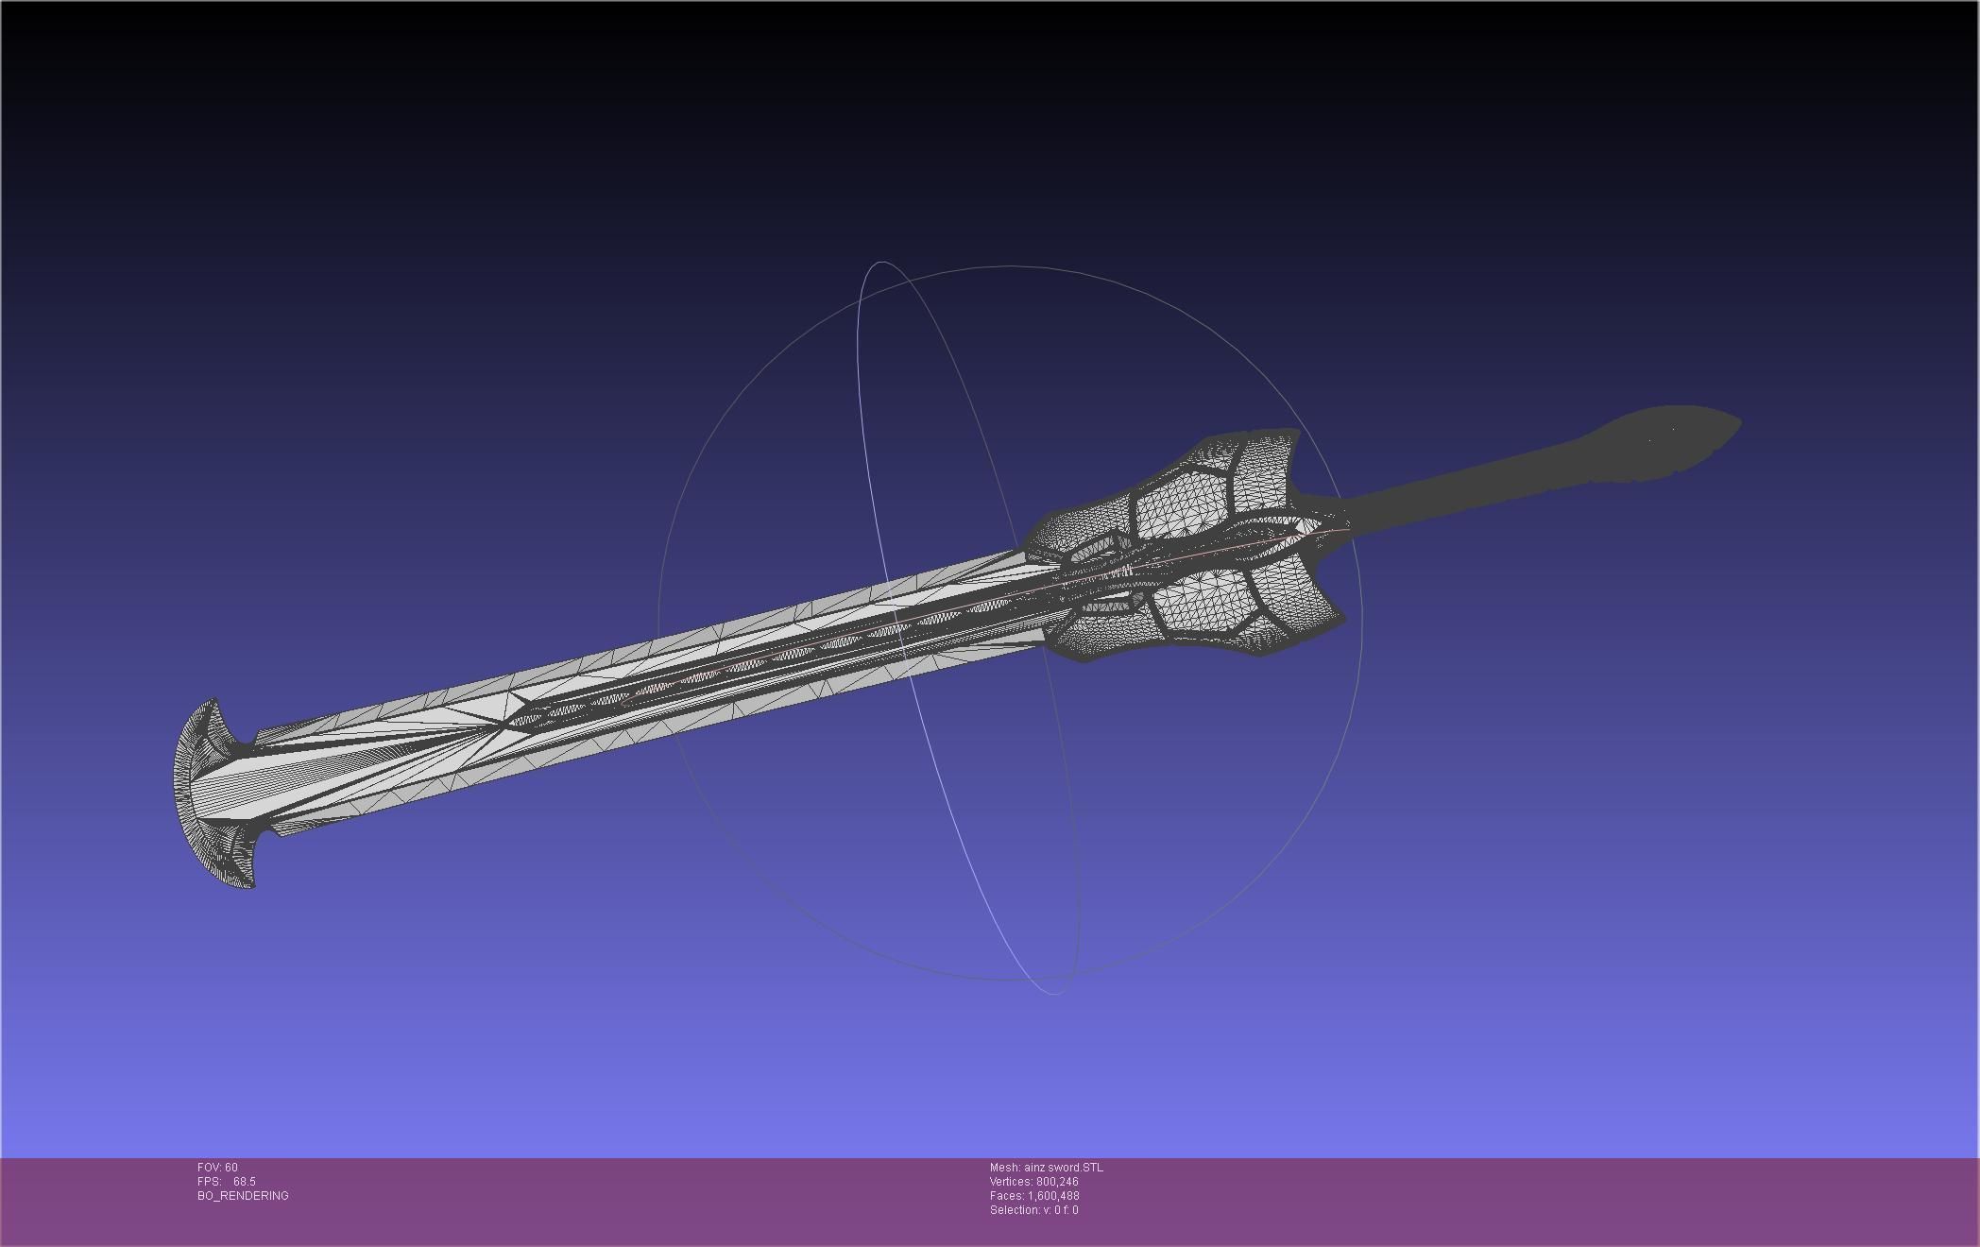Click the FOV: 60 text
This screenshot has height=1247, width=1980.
pos(217,1168)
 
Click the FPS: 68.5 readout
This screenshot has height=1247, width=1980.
pos(227,1182)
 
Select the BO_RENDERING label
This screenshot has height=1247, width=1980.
pos(243,1196)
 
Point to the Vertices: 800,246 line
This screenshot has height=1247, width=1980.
pos(1033,1182)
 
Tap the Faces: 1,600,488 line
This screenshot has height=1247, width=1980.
pos(1034,1196)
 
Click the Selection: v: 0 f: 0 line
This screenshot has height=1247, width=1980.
pos(1033,1210)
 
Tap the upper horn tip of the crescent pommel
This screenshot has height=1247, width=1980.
pos(214,702)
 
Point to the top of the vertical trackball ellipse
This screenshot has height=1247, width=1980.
pos(881,263)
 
